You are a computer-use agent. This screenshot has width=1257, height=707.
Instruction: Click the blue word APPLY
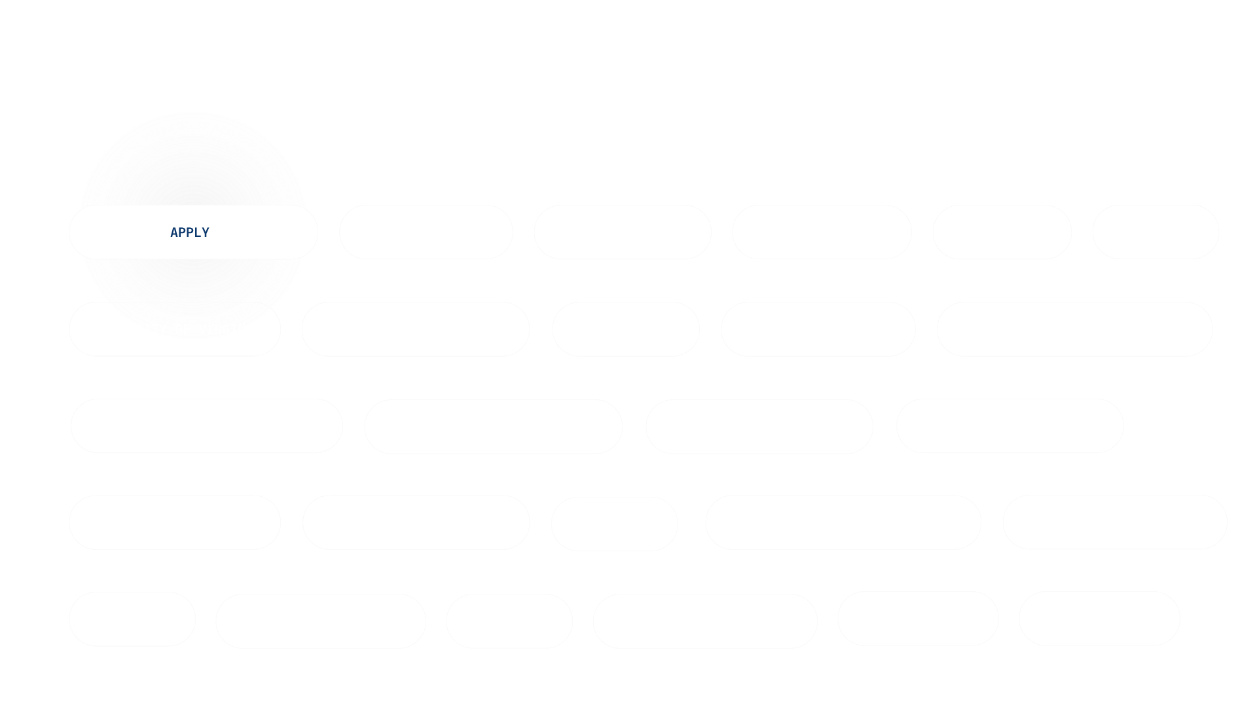click(x=190, y=232)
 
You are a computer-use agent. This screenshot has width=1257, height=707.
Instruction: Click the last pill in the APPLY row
click(x=1159, y=234)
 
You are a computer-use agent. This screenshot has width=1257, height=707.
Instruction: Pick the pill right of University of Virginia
click(x=415, y=329)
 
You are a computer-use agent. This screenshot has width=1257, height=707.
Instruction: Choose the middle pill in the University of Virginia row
click(x=627, y=329)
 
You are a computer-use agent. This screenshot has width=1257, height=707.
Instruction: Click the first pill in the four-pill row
click(x=209, y=428)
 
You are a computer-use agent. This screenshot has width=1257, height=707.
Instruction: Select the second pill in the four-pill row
click(x=493, y=428)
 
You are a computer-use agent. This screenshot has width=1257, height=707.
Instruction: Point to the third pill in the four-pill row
click(x=761, y=428)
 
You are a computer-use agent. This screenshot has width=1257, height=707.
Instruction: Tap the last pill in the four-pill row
click(x=1013, y=428)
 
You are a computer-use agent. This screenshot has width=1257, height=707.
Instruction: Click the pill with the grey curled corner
click(x=175, y=522)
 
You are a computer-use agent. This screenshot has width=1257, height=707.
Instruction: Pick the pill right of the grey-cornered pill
click(x=415, y=522)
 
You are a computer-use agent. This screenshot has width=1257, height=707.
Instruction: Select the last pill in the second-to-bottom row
click(x=1114, y=522)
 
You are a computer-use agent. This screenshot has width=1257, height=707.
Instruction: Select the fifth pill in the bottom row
click(x=918, y=619)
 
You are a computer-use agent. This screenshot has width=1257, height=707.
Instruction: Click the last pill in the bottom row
click(x=1103, y=618)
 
